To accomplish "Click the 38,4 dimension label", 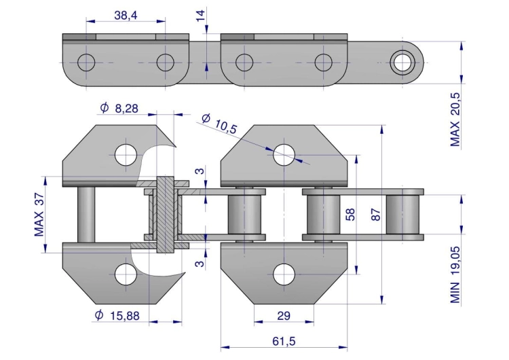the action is (126, 15).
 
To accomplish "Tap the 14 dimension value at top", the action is (201, 15).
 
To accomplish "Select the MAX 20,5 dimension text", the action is (455, 120).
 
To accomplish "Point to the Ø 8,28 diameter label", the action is (119, 107).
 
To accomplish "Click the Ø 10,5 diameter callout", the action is (219, 124).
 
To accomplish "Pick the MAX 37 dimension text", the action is (39, 215).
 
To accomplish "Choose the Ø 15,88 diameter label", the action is (117, 315).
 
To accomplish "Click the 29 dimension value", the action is (284, 315).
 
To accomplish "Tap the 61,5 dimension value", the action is (284, 341).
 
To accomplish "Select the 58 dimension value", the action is (350, 215).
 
